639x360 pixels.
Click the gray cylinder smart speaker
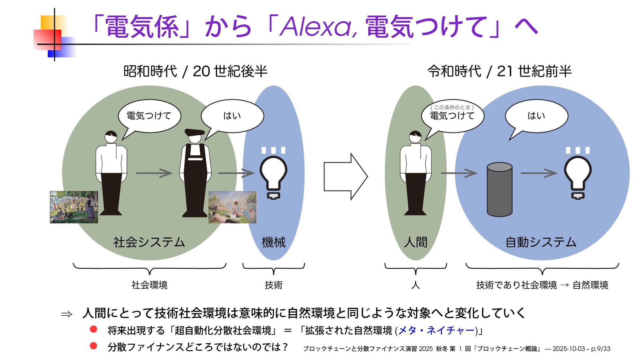[x=499, y=189]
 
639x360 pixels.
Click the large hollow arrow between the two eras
[x=345, y=177]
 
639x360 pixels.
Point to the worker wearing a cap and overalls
[x=195, y=173]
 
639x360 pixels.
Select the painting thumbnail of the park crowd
[x=74, y=207]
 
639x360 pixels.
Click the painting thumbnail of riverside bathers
[x=232, y=207]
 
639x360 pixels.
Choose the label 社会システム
[x=149, y=242]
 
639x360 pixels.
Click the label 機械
[x=274, y=242]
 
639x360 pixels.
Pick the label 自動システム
[x=541, y=242]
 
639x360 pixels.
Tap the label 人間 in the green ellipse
[x=415, y=242]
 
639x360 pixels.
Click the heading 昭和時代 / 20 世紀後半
[x=195, y=71]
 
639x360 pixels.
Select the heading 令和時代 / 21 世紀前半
[x=499, y=71]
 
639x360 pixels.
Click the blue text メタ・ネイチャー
[x=436, y=330]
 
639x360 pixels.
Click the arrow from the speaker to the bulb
[x=538, y=173]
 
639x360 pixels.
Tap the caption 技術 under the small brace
[x=274, y=285]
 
